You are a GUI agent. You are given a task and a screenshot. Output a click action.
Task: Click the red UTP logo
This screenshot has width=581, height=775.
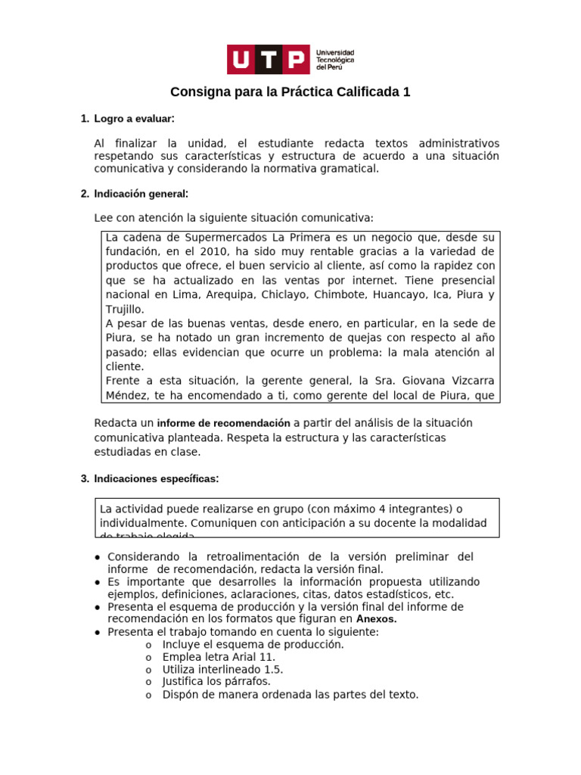click(269, 60)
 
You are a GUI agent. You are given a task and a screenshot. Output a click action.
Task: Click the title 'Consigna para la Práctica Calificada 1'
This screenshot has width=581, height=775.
click(290, 92)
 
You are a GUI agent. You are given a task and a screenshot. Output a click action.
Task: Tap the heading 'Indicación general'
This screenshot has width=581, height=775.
click(141, 194)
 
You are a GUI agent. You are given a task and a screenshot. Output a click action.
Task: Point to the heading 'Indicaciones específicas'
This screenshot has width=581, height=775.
click(156, 478)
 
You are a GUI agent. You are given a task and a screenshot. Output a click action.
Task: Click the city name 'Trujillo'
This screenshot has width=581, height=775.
click(124, 309)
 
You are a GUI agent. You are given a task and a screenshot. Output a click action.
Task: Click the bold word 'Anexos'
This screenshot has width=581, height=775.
click(376, 619)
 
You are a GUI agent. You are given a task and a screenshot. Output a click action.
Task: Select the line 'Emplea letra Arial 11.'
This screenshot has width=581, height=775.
click(219, 657)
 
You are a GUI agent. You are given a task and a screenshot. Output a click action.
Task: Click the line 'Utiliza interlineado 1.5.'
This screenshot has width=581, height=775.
click(223, 670)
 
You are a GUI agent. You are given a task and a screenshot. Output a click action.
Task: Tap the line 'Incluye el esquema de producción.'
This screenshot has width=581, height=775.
click(253, 645)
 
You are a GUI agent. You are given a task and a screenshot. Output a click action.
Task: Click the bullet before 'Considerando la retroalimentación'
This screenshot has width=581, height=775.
click(98, 558)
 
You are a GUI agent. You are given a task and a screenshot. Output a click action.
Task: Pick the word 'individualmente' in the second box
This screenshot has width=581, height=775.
click(140, 524)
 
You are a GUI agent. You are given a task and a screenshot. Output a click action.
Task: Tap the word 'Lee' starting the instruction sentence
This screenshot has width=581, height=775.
click(104, 218)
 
